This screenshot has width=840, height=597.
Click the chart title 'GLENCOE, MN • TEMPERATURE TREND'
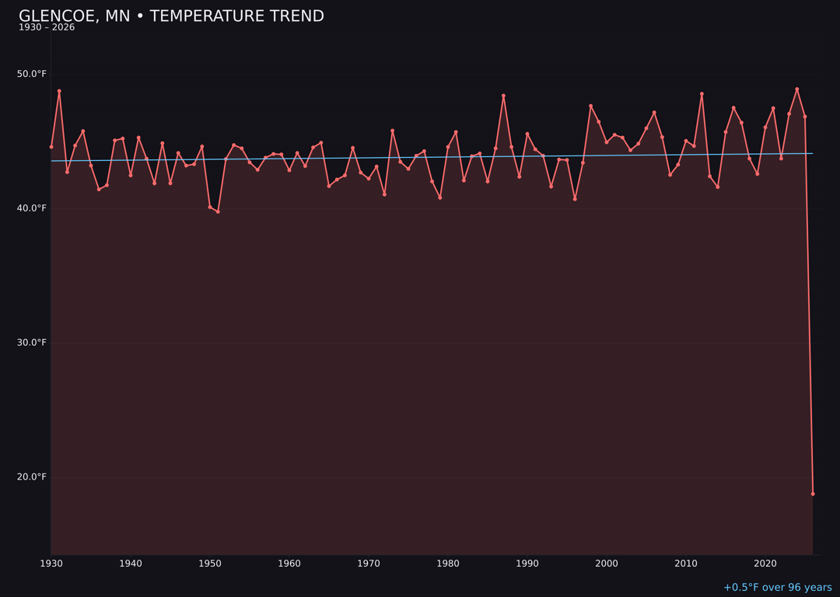pyautogui.click(x=171, y=16)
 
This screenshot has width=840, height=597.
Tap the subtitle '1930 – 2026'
pyautogui.click(x=47, y=28)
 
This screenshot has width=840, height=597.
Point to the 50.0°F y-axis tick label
pyautogui.click(x=32, y=74)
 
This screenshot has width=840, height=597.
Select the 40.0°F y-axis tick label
pyautogui.click(x=32, y=208)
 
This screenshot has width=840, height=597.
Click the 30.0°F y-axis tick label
pyautogui.click(x=32, y=343)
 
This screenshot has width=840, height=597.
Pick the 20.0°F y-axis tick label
pyautogui.click(x=32, y=477)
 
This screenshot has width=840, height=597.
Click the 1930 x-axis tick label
pyautogui.click(x=51, y=564)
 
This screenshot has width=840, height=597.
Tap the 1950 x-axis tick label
pyautogui.click(x=210, y=564)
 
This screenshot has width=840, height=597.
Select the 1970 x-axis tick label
pyautogui.click(x=369, y=564)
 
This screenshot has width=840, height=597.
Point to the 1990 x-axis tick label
pyautogui.click(x=527, y=564)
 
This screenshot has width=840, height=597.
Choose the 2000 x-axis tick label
pyautogui.click(x=607, y=564)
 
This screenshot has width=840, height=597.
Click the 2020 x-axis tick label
pyautogui.click(x=765, y=564)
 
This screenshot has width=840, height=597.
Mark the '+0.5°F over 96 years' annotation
pyautogui.click(x=777, y=588)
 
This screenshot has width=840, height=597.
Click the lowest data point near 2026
pyautogui.click(x=813, y=494)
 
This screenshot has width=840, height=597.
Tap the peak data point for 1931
pyautogui.click(x=59, y=91)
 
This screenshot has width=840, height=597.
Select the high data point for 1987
pyautogui.click(x=503, y=96)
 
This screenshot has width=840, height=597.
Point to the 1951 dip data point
pyautogui.click(x=218, y=211)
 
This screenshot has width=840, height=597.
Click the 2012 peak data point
pyautogui.click(x=702, y=94)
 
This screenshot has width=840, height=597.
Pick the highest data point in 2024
pyautogui.click(x=796, y=89)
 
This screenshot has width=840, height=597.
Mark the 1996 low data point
pyautogui.click(x=575, y=199)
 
